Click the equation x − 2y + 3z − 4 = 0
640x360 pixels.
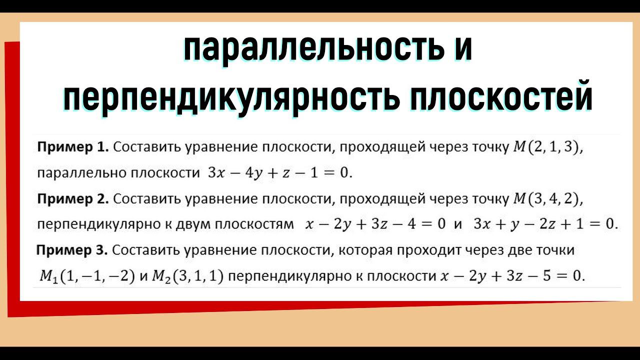pyautogui.click(x=375, y=224)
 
